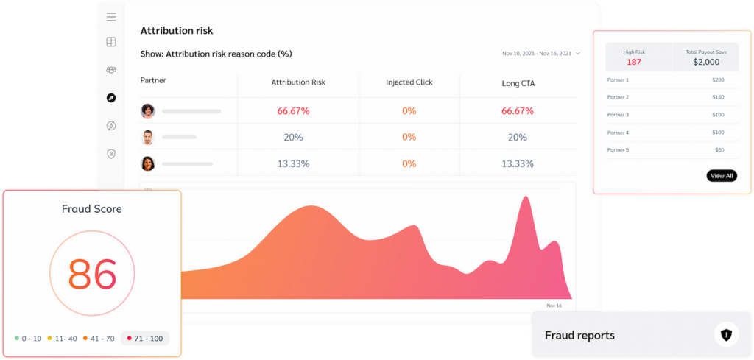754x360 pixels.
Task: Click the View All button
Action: point(721,176)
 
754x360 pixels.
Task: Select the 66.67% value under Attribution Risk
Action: point(293,111)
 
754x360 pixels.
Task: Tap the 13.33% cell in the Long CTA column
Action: point(518,163)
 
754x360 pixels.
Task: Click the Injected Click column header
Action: point(409,83)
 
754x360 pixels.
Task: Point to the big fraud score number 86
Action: point(93,274)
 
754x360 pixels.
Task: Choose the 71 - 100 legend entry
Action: point(145,339)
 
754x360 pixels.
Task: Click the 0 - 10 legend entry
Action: point(29,339)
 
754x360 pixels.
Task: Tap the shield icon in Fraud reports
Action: point(726,336)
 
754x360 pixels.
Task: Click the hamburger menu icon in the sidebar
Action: point(111,17)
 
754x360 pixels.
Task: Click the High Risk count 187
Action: point(634,62)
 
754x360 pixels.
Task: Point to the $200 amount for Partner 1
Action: point(718,80)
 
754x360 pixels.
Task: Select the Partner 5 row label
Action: point(618,150)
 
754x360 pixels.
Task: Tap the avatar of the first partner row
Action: point(148,111)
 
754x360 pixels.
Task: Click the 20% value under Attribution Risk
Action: point(293,138)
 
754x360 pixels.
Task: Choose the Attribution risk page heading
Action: point(177,31)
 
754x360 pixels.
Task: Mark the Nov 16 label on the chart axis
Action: point(554,306)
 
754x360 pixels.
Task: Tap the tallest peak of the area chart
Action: point(525,200)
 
